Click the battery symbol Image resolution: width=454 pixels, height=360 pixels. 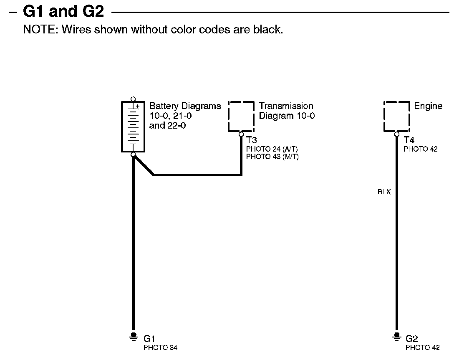[133, 127]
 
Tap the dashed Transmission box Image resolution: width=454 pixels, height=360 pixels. [241, 116]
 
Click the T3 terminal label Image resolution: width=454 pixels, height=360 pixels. [251, 140]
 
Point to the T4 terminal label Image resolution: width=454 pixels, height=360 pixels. [409, 140]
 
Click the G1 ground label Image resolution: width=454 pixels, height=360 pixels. [149, 339]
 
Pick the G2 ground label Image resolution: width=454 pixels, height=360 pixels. [411, 339]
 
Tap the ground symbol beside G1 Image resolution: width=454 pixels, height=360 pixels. [134, 336]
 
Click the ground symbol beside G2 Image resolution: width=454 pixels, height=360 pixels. [396, 336]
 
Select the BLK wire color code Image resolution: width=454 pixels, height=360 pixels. [384, 193]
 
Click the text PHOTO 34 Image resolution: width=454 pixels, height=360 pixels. [160, 347]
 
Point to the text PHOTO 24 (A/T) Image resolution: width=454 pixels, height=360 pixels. [272, 149]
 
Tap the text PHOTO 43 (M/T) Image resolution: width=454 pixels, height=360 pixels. [272, 157]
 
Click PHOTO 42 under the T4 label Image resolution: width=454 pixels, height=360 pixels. [421, 149]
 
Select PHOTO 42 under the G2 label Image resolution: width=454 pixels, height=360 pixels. [422, 347]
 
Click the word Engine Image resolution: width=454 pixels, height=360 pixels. [428, 106]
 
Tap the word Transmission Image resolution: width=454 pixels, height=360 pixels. [286, 106]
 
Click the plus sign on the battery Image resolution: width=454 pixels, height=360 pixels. [137, 106]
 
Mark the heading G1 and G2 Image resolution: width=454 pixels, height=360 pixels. [63, 11]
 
